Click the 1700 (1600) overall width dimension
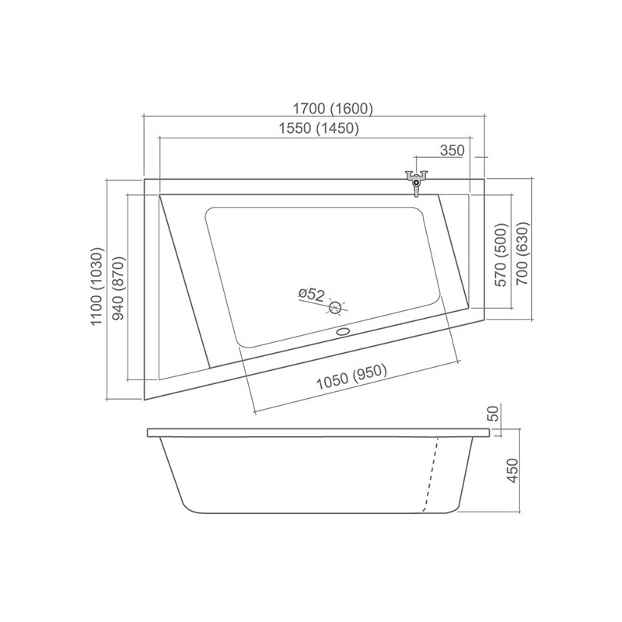pos(333,108)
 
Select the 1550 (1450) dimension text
pos(319,128)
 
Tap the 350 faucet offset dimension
pos(453,150)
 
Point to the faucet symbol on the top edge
pos(416,183)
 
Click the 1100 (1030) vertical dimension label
pos(98,286)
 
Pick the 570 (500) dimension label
pos(501,254)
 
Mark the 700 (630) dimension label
pos(522,253)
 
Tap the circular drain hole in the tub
pos(336,307)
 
